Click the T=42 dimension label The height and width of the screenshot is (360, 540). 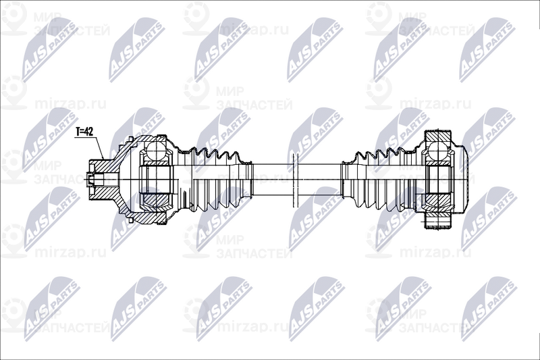84,131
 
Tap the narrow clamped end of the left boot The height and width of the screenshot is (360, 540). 247,179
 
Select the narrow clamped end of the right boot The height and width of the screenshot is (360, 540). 348,179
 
